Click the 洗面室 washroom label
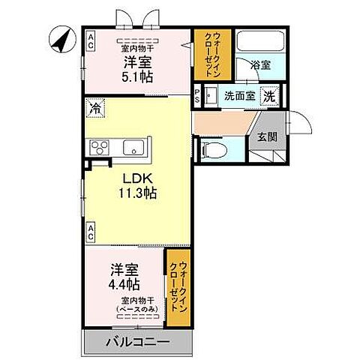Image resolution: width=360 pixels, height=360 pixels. pos(239,97)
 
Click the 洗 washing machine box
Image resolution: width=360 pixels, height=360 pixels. pos(268,97)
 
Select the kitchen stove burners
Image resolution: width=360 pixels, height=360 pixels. pos(100,146)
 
